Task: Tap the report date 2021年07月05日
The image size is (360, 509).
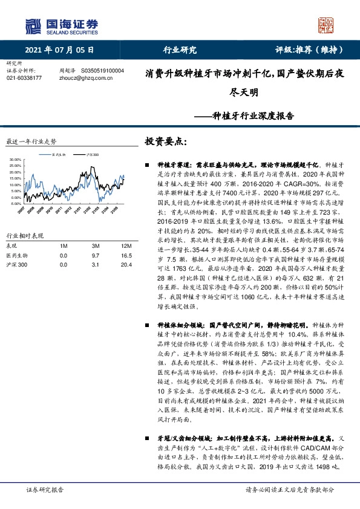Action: tap(60, 50)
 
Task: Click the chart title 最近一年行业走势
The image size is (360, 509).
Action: tap(30, 141)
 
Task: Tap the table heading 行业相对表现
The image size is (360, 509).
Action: tap(25, 235)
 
